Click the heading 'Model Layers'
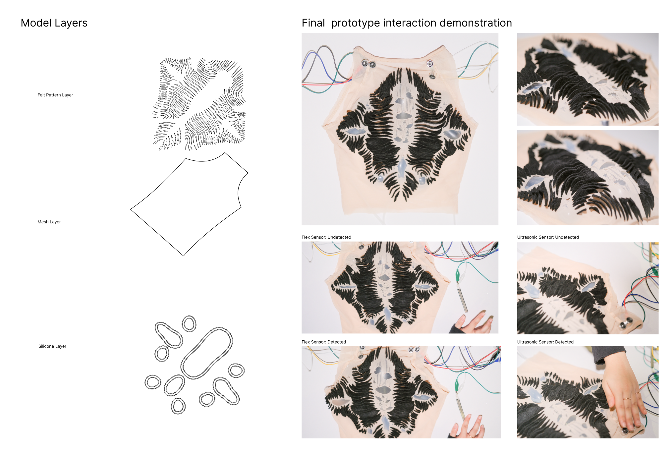[54, 23]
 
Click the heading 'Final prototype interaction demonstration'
[407, 23]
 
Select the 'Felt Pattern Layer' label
[55, 95]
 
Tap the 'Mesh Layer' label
[49, 222]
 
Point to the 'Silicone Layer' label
[52, 346]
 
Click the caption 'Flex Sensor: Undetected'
[326, 237]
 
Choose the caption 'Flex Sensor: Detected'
[323, 342]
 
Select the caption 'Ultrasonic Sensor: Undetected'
[548, 237]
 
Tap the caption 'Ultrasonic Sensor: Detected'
[545, 342]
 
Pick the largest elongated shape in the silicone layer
[206, 353]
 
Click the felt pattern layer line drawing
[199, 104]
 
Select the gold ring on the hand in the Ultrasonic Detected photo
[627, 399]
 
